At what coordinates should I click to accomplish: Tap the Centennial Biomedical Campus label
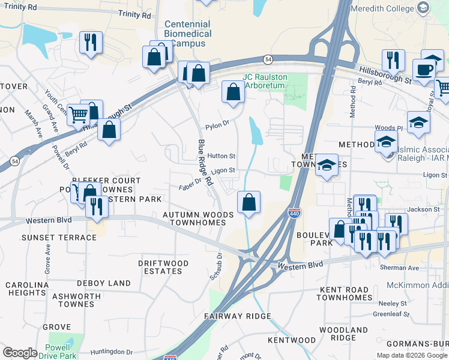pos(188,34)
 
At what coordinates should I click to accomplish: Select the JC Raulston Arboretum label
pos(265,81)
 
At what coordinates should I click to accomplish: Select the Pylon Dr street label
pos(217,125)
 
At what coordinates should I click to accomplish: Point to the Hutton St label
pos(221,156)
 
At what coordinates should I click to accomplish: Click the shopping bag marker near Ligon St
pos(249,203)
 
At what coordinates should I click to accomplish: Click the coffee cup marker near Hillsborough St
pos(424,69)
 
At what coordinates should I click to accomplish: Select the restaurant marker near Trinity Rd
pos(91,43)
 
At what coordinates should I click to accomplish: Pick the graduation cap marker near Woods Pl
pos(418,122)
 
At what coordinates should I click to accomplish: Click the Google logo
pos(20,353)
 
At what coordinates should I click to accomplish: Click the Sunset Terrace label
pos(59,238)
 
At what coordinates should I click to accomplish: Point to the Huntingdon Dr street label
pos(112,352)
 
